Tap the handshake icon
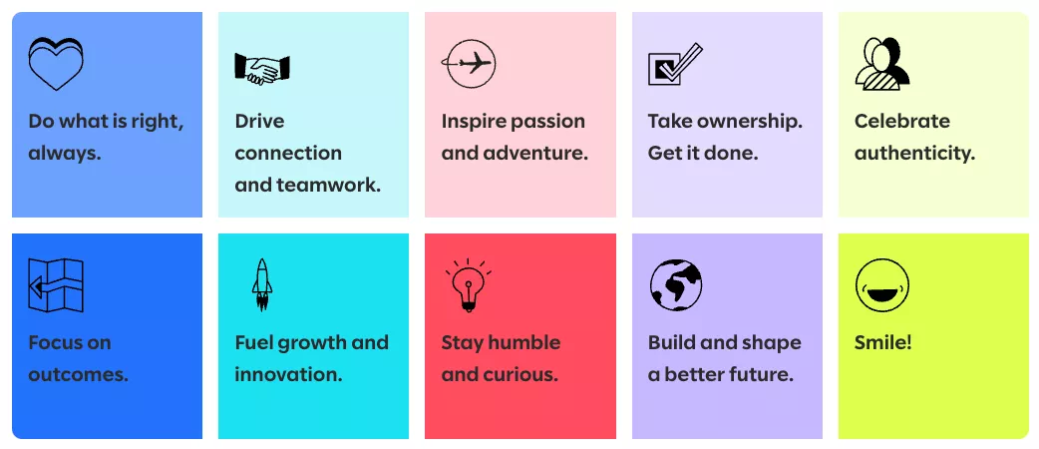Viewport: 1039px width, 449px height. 262,68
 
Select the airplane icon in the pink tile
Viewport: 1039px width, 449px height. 469,64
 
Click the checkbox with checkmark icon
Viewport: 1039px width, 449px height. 675,64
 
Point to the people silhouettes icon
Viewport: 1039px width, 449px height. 882,64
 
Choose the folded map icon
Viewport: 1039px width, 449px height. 56,285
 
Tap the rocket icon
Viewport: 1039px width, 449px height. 262,285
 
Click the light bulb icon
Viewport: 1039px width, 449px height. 469,285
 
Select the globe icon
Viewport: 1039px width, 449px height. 676,285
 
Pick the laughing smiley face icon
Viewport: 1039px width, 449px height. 882,285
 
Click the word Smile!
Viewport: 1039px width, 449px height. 883,343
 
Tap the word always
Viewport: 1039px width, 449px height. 64,154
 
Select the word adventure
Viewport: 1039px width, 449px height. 535,154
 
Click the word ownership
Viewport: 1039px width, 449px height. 750,122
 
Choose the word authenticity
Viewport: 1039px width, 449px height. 915,154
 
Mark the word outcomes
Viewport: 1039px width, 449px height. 78,375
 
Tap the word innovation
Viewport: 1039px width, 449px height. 288,375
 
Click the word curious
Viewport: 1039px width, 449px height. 520,375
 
